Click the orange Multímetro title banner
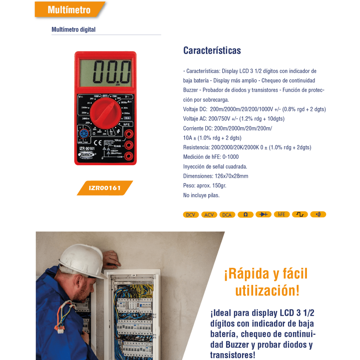click(x=69, y=10)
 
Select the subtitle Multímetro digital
click(x=73, y=29)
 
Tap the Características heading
click(x=212, y=50)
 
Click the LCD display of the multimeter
click(x=105, y=72)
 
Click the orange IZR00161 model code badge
click(x=105, y=188)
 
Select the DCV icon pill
click(x=190, y=214)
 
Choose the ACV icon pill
click(x=209, y=214)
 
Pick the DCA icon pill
click(x=227, y=214)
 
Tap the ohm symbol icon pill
click(x=245, y=214)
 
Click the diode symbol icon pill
click(x=263, y=214)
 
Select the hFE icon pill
click(x=282, y=214)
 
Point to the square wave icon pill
click(x=300, y=214)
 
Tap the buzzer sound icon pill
click(x=318, y=214)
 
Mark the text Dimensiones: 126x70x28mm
click(x=216, y=176)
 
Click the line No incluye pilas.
click(x=201, y=195)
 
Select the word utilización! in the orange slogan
click(x=267, y=290)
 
